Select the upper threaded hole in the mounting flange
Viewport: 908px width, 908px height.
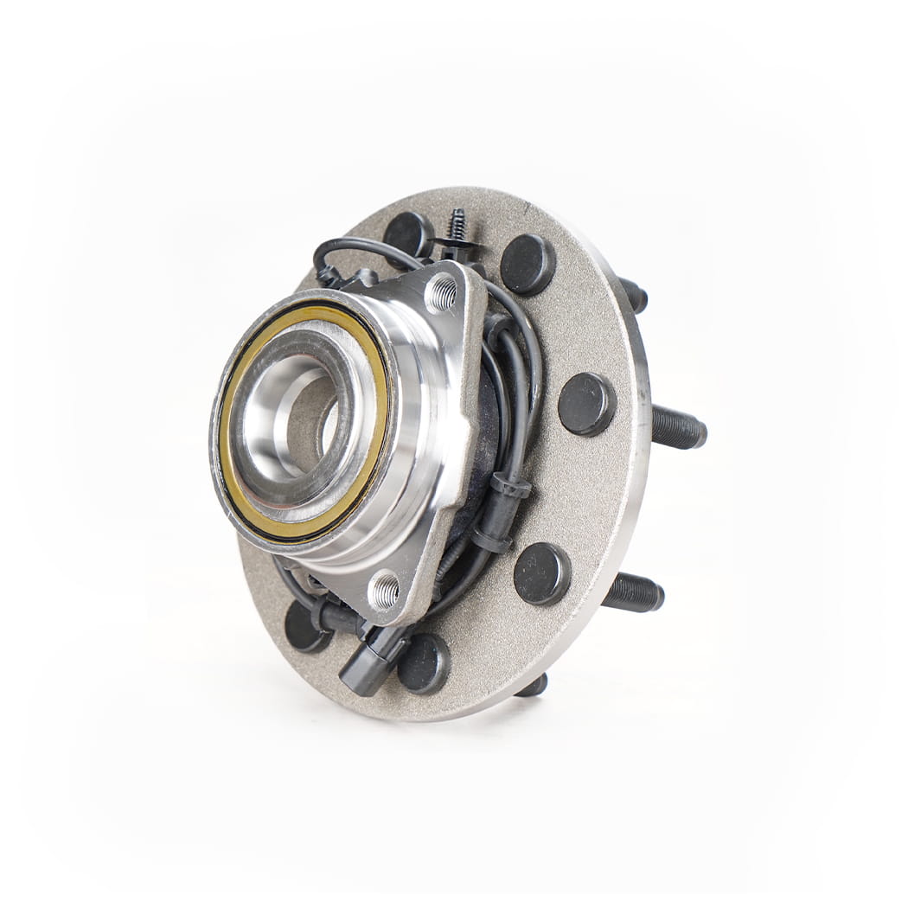[x=442, y=293]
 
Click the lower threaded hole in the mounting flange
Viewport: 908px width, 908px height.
[x=385, y=591]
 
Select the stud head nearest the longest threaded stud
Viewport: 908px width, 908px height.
[x=586, y=404]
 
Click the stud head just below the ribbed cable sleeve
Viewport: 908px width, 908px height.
[x=542, y=573]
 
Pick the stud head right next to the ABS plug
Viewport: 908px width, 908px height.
[x=424, y=663]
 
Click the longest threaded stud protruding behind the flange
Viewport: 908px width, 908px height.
[x=679, y=427]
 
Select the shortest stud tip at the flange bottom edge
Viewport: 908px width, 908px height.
[x=533, y=687]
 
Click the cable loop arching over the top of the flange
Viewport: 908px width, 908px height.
[x=363, y=246]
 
